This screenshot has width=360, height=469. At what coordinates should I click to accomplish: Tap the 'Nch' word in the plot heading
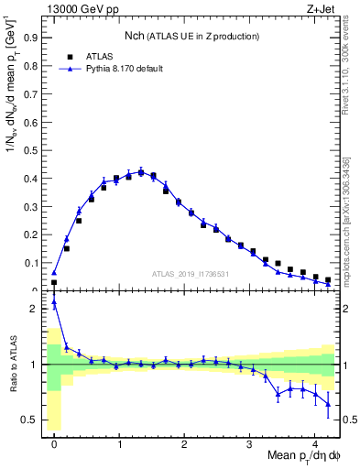(136, 37)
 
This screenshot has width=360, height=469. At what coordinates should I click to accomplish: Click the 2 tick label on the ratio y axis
(34, 309)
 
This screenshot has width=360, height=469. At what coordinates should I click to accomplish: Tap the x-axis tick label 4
(315, 439)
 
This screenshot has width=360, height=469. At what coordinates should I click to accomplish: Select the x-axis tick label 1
(119, 439)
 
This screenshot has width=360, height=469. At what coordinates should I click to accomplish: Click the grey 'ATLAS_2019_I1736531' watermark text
(189, 273)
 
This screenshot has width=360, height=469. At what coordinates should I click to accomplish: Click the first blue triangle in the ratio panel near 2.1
(54, 302)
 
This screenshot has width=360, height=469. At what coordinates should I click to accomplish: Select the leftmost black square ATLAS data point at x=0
(54, 282)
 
